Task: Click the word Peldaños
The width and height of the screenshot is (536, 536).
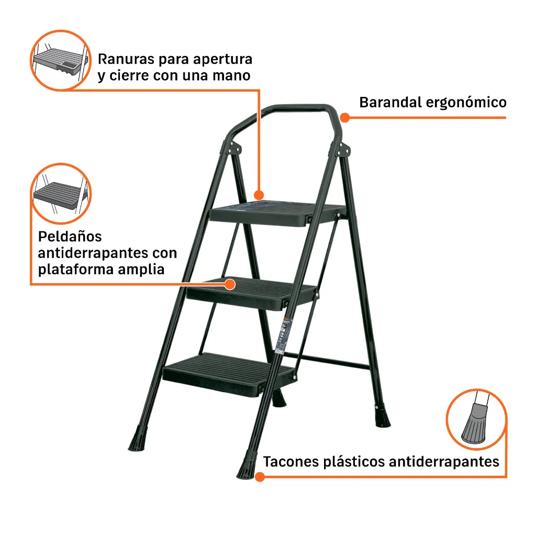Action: point(70,237)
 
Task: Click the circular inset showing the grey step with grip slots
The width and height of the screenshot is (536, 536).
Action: point(61,60)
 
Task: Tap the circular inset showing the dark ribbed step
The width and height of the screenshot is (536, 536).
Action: point(61,194)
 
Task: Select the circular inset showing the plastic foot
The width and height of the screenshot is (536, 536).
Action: point(476,419)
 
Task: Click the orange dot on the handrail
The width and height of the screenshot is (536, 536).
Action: point(345,118)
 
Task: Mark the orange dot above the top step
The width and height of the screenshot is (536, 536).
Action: point(259,195)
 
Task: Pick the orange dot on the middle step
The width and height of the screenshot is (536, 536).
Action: point(230,284)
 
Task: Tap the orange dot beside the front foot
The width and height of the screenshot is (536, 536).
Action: point(260,477)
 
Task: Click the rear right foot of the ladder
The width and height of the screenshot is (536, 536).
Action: point(382,416)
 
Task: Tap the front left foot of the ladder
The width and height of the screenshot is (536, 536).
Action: point(138,438)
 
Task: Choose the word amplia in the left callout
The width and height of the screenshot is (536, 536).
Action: point(141,270)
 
